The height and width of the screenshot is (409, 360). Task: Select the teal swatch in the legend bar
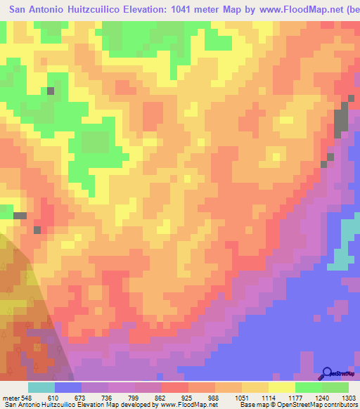(41, 387)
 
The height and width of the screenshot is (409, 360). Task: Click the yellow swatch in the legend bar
(282, 387)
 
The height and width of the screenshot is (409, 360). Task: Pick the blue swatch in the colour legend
(68, 387)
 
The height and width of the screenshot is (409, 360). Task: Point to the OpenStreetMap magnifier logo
(328, 373)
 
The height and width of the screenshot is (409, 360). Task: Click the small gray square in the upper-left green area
(51, 91)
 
